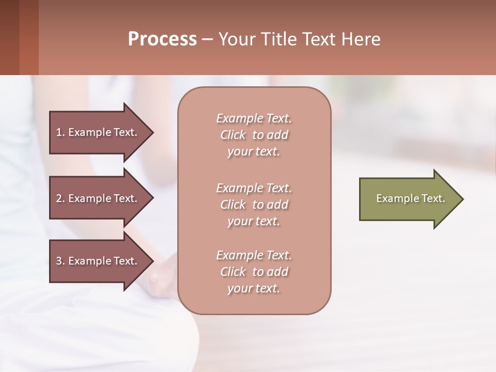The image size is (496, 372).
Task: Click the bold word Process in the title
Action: coord(162,39)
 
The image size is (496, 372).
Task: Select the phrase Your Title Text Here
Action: coord(299,39)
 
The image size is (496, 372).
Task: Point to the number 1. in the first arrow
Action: coord(60,132)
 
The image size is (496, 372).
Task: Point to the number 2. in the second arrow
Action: coord(60,198)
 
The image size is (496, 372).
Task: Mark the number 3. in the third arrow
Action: coord(60,261)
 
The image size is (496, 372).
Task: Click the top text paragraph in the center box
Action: coord(254,135)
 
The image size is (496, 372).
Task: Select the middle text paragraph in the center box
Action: coord(254,205)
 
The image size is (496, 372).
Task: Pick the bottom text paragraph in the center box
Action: coord(254,272)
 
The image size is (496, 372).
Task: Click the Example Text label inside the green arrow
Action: coord(410,198)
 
